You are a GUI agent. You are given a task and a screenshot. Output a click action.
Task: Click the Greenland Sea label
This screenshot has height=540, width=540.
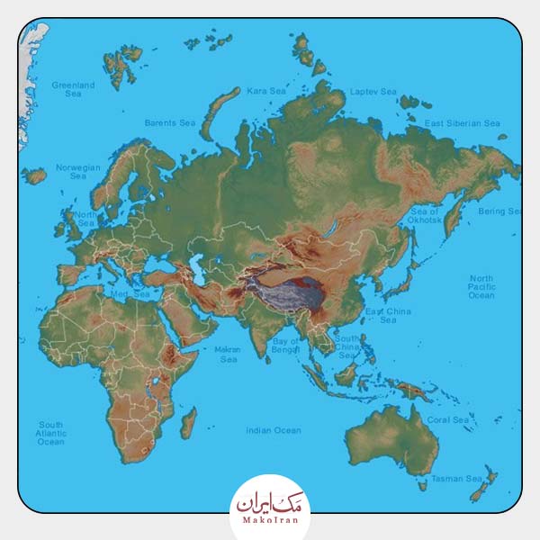click(73, 89)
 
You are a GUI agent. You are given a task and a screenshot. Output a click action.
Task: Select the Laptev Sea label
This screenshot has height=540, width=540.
click(373, 92)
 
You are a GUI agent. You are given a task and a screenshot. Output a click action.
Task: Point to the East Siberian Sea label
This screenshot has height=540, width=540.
click(462, 123)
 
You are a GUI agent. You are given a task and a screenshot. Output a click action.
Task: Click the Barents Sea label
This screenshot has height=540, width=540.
click(170, 123)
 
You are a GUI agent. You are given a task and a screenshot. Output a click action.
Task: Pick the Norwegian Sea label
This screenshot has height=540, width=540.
click(78, 172)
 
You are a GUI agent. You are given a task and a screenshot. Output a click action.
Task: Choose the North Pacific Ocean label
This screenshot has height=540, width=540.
click(481, 287)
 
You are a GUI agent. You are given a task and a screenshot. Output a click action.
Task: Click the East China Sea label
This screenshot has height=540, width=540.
click(388, 316)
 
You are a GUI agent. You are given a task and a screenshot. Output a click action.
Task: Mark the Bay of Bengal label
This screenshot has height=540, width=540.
click(285, 346)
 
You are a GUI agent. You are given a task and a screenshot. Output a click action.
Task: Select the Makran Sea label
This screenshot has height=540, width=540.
click(228, 355)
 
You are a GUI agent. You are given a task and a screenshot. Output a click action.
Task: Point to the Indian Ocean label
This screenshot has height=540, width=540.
click(274, 431)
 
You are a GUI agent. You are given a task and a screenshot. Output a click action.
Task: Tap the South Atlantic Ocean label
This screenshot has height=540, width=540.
click(51, 433)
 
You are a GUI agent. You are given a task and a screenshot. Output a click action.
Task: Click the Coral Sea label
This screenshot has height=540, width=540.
click(447, 420)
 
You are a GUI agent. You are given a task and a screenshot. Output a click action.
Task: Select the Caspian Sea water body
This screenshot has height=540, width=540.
click(196, 262)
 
